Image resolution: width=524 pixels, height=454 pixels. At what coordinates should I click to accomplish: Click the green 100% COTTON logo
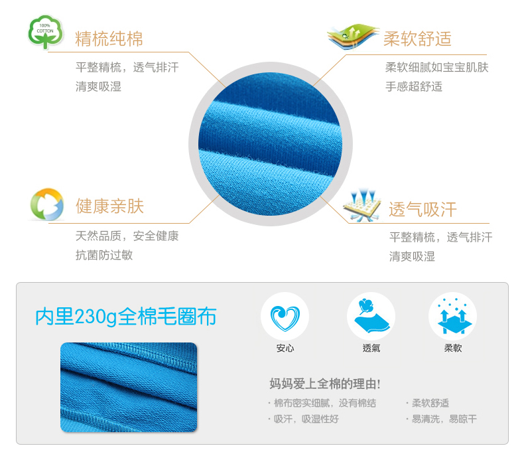click(x=46, y=32)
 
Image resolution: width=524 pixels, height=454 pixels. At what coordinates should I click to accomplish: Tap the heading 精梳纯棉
click(x=109, y=38)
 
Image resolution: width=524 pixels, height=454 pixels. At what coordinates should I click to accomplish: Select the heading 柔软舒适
click(x=417, y=38)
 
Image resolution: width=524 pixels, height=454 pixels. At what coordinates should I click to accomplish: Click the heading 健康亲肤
click(x=109, y=206)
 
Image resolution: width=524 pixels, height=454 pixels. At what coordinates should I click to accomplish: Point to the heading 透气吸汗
click(x=423, y=210)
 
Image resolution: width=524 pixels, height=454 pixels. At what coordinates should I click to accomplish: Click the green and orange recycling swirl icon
click(x=47, y=204)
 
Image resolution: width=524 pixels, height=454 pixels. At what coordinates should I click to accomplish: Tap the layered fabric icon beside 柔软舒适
click(x=353, y=36)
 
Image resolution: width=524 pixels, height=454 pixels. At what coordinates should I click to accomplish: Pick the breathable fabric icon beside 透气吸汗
click(x=362, y=205)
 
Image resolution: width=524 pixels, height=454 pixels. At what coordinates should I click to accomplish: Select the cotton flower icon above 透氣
click(x=371, y=316)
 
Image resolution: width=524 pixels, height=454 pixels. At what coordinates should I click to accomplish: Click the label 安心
click(x=285, y=348)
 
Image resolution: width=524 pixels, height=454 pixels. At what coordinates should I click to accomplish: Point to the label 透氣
click(x=371, y=348)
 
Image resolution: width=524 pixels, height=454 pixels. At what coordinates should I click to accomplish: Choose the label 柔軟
click(x=453, y=348)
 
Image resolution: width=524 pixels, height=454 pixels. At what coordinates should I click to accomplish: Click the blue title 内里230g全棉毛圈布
click(x=125, y=317)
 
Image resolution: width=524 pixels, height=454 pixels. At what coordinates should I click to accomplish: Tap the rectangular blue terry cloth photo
click(x=129, y=387)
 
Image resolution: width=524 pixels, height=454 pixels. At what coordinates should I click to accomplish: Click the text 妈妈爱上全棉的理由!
click(x=325, y=384)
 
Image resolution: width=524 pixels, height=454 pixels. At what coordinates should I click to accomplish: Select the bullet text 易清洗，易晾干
click(x=444, y=419)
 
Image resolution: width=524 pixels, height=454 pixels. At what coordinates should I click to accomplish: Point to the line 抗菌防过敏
click(x=104, y=255)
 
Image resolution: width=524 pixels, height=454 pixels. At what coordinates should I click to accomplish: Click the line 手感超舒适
click(x=414, y=86)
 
